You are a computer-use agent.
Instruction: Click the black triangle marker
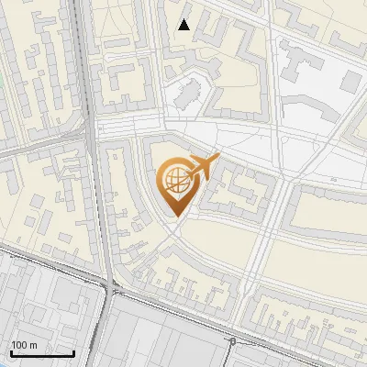(184, 25)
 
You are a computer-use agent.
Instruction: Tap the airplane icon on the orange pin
(205, 166)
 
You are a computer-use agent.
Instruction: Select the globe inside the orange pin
(175, 182)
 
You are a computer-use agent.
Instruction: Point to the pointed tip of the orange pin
(175, 216)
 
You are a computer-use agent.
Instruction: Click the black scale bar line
(41, 353)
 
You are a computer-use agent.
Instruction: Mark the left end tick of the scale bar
(10, 351)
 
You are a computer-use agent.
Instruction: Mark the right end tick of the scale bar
(73, 351)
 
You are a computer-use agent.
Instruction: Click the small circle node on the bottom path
(232, 341)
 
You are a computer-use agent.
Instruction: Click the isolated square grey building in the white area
(350, 81)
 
